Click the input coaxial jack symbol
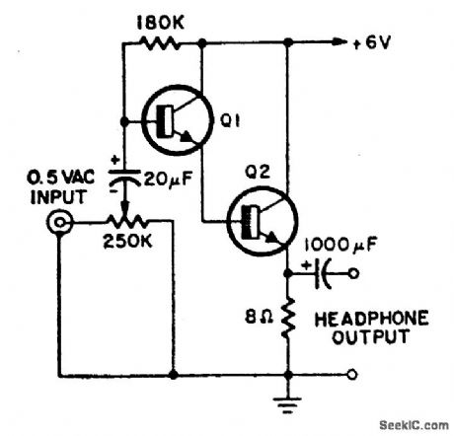click(x=65, y=223)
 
